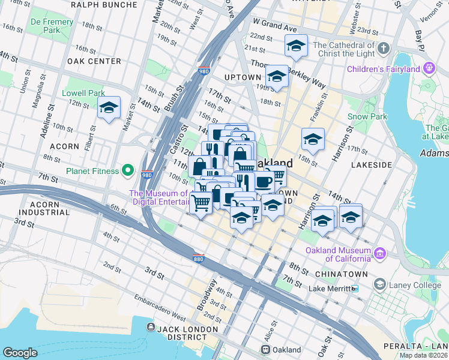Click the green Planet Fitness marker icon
[127, 171]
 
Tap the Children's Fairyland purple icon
[429, 69]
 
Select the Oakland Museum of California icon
[379, 253]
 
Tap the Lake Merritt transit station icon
[355, 289]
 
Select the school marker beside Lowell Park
[109, 108]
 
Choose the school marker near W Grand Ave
[295, 46]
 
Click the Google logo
[20, 352]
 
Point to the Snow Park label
[366, 116]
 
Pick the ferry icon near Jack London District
[150, 327]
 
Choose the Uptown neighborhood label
[242, 77]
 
